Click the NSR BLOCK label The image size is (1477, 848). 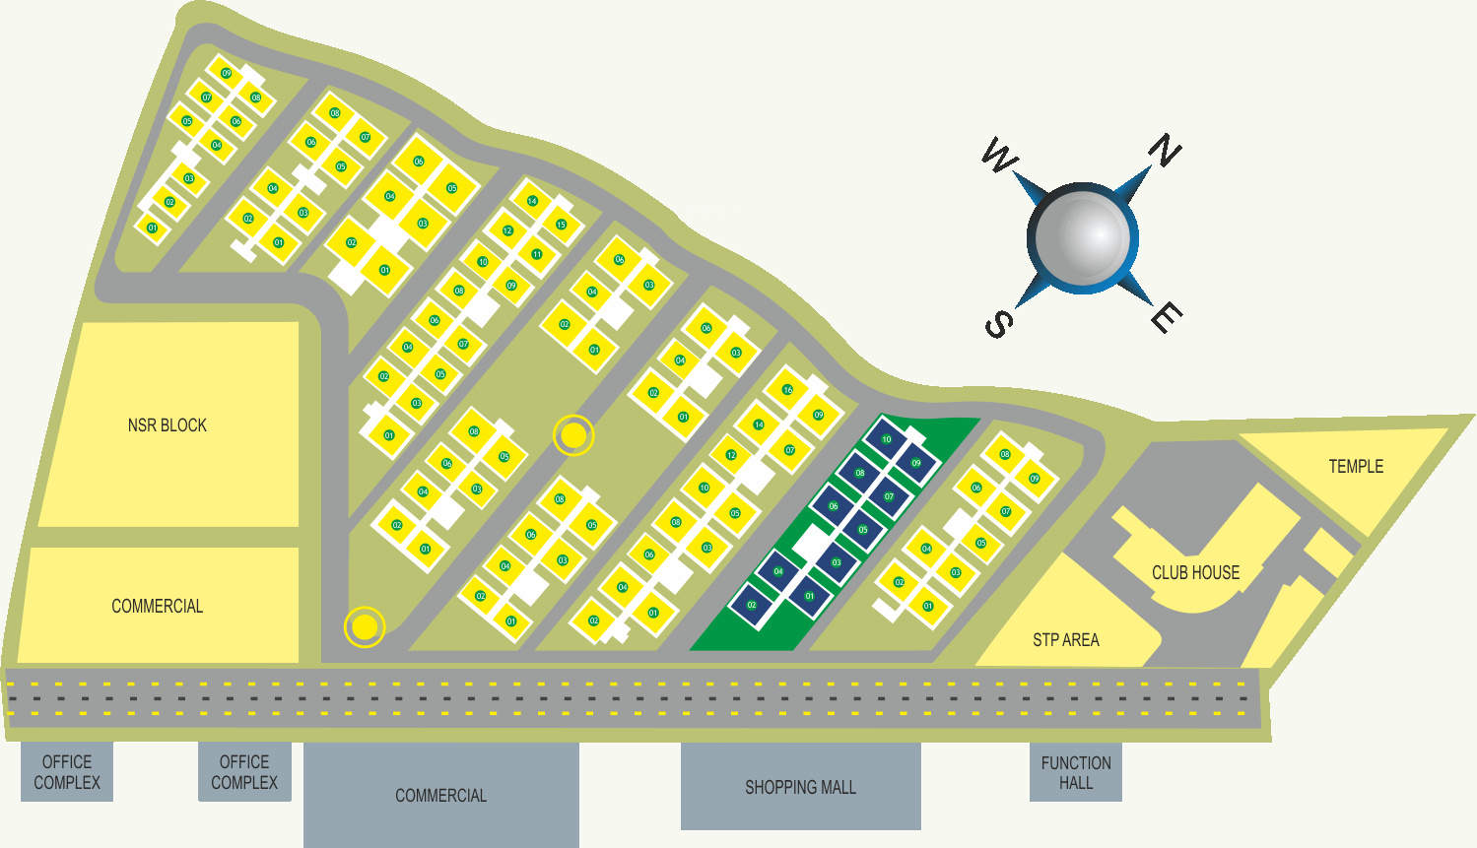pyautogui.click(x=168, y=425)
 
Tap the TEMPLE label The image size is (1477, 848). pyautogui.click(x=1356, y=467)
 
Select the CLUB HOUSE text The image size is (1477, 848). pyautogui.click(x=1195, y=573)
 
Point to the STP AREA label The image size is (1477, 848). pyautogui.click(x=1065, y=640)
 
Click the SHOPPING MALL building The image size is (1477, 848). pyautogui.click(x=800, y=787)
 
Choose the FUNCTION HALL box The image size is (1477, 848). pyautogui.click(x=1076, y=772)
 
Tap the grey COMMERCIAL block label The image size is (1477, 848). pyautogui.click(x=440, y=796)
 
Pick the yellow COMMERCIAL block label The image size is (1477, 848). pyautogui.click(x=157, y=607)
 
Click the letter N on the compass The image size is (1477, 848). pyautogui.click(x=1165, y=151)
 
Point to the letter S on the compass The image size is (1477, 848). pyautogui.click(x=998, y=324)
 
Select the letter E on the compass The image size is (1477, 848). pyautogui.click(x=1167, y=318)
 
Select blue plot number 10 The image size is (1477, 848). pyautogui.click(x=887, y=439)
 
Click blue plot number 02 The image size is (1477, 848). pyautogui.click(x=752, y=605)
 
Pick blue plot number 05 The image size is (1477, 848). pyautogui.click(x=863, y=530)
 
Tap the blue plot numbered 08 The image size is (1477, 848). pyautogui.click(x=860, y=473)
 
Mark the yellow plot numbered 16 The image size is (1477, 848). pyautogui.click(x=787, y=390)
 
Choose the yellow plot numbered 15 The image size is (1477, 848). pyautogui.click(x=561, y=225)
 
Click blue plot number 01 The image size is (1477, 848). pyautogui.click(x=809, y=596)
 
